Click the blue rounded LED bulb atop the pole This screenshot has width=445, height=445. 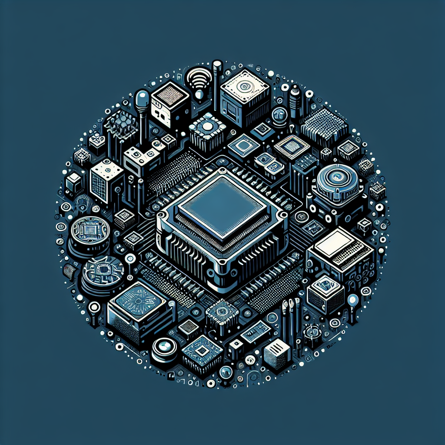pos(143,100)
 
